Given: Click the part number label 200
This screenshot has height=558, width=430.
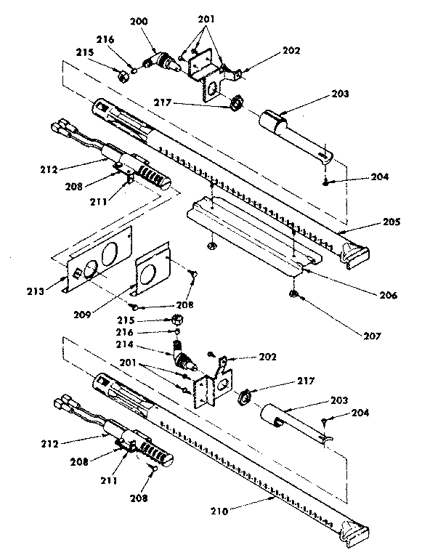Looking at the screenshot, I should (x=139, y=23).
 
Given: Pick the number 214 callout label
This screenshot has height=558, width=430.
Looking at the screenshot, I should (x=145, y=345).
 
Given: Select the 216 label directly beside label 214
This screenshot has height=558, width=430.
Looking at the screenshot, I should (x=144, y=331).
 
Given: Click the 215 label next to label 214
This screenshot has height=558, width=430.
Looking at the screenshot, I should (x=145, y=320).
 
